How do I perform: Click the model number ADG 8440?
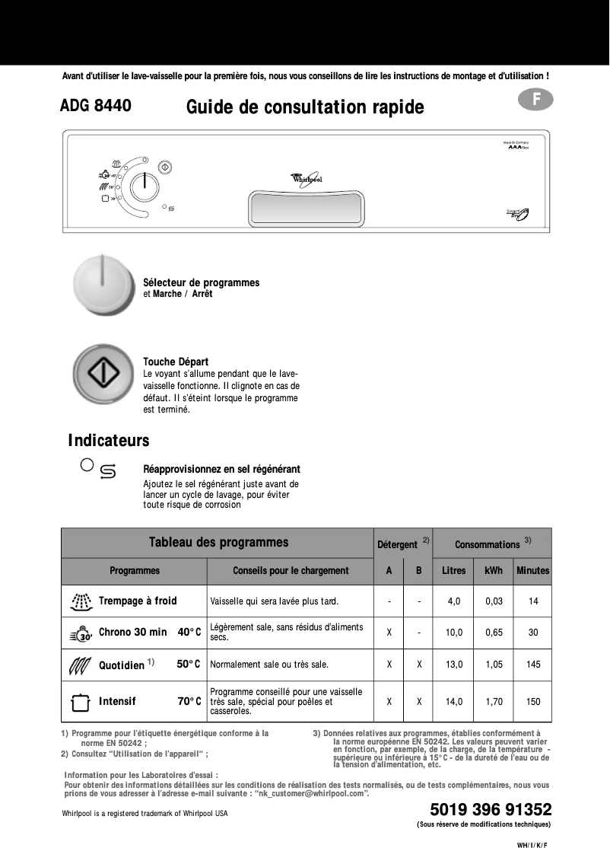pyautogui.click(x=95, y=107)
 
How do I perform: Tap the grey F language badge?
pyautogui.click(x=537, y=100)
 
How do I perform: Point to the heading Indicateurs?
pyautogui.click(x=108, y=441)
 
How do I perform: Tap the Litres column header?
pyautogui.click(x=453, y=570)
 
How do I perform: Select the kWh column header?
pyautogui.click(x=494, y=570)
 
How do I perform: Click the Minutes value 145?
pyautogui.click(x=533, y=665)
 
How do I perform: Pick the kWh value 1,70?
pyautogui.click(x=494, y=702)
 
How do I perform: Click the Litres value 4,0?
pyautogui.click(x=453, y=601)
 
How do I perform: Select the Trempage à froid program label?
pyautogui.click(x=137, y=601)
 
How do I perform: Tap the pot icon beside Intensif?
pyautogui.click(x=80, y=702)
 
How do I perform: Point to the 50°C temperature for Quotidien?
pyautogui.click(x=188, y=665)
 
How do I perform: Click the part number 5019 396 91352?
pyautogui.click(x=490, y=809)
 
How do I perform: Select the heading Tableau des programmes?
pyautogui.click(x=218, y=543)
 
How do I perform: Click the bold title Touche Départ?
pyautogui.click(x=176, y=362)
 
